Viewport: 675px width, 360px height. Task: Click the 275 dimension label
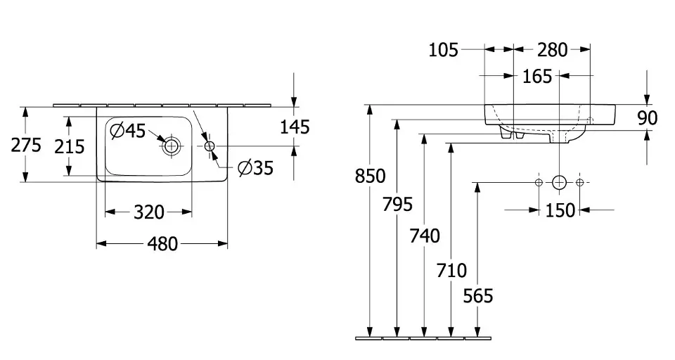point(26,146)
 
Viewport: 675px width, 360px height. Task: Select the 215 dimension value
point(70,146)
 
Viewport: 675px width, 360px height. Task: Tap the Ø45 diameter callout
point(128,130)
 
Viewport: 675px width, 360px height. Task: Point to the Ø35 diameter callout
point(255,168)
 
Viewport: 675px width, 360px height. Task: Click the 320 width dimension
point(148,212)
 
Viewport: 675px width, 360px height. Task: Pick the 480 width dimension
point(162,245)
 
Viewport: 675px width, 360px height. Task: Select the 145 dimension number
point(295,127)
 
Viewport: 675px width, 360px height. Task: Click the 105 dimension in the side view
point(443,50)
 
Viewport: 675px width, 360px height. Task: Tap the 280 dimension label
point(552,50)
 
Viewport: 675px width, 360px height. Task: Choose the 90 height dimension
point(647,117)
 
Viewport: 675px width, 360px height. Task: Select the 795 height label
point(397,205)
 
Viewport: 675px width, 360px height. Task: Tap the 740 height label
point(424,235)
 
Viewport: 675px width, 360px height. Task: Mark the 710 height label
point(451,269)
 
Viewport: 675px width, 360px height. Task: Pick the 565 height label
point(478,296)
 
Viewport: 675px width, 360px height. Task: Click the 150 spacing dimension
point(560,210)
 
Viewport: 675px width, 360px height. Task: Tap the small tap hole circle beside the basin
point(210,146)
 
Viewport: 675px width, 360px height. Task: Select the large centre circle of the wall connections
point(559,183)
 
